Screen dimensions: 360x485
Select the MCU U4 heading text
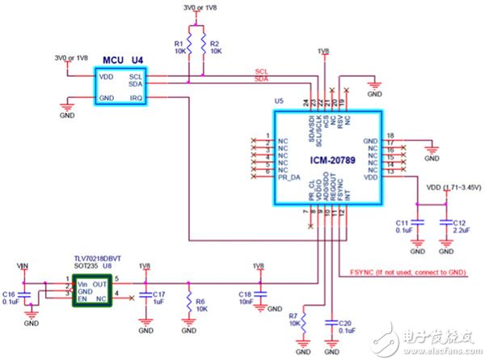[x=122, y=60]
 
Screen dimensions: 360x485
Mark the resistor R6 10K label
[x=202, y=304]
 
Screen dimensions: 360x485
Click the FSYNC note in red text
[x=408, y=272]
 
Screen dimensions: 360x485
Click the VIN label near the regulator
[x=31, y=265]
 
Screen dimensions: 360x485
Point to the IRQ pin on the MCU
[x=135, y=97]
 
